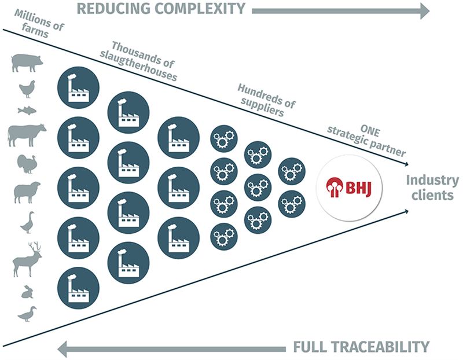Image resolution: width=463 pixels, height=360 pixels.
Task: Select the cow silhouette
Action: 27,134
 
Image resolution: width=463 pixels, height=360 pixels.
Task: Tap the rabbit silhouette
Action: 27,292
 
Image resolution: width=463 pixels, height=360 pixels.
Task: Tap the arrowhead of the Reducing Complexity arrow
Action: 425,10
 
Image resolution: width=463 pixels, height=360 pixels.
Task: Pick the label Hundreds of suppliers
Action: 266,100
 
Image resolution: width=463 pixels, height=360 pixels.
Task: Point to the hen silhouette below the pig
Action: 27,89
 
